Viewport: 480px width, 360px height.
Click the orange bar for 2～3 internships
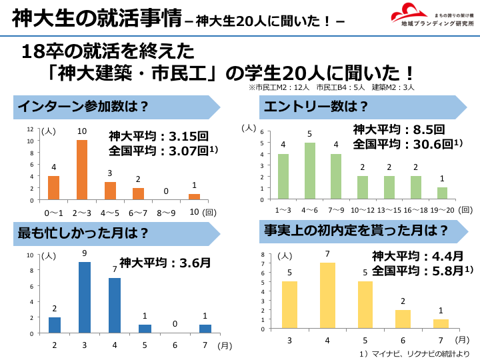82,170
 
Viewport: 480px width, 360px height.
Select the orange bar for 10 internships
195,197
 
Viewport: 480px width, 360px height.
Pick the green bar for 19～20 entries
442,193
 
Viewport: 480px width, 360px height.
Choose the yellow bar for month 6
403,319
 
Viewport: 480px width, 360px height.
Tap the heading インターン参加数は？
83,107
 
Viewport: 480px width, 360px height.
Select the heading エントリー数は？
317,107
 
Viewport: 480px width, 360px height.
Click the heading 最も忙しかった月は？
83,233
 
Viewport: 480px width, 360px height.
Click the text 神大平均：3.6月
165,262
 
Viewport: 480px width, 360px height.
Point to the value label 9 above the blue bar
84,254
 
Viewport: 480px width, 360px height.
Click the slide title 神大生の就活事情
97,18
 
